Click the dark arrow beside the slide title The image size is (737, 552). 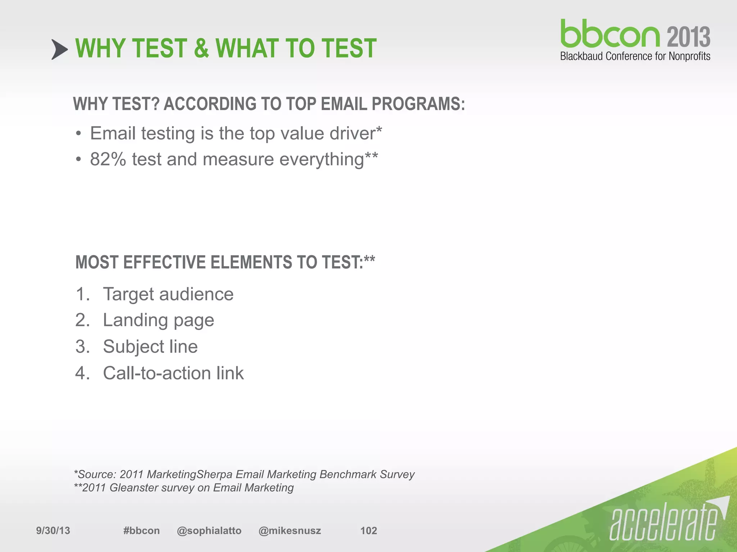click(59, 49)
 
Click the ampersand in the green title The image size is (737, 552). click(201, 49)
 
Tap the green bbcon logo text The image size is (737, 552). click(610, 34)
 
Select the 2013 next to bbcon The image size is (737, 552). click(688, 37)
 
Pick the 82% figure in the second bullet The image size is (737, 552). click(108, 159)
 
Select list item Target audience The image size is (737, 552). click(168, 294)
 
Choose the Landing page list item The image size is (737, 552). click(158, 320)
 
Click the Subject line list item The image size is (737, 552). click(150, 347)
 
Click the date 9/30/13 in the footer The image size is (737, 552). click(53, 531)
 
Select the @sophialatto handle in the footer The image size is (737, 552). click(209, 531)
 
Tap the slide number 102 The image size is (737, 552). click(368, 531)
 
